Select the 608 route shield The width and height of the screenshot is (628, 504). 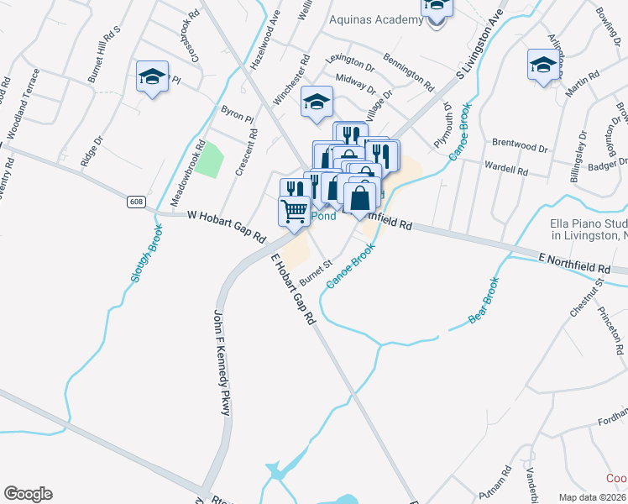pyautogui.click(x=137, y=202)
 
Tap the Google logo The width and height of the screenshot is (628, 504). pyautogui.click(x=28, y=494)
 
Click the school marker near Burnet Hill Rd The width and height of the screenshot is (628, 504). pyautogui.click(x=152, y=77)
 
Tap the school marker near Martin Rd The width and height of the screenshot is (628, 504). pyautogui.click(x=542, y=65)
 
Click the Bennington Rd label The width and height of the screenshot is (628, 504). pyautogui.click(x=408, y=73)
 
